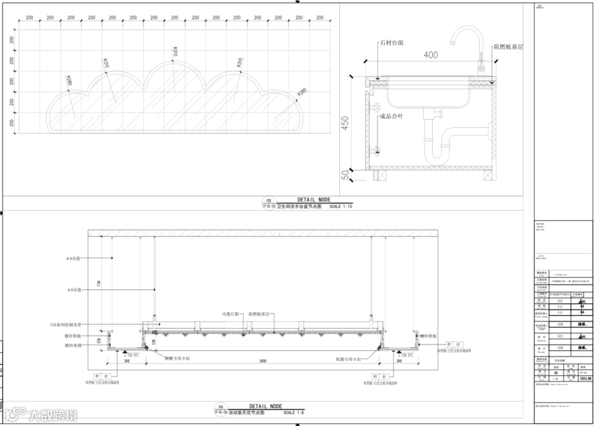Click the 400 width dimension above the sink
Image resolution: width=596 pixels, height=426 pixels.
tap(430, 55)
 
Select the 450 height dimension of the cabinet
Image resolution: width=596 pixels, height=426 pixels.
tap(345, 123)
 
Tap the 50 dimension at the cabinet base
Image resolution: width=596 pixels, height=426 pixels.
tap(345, 175)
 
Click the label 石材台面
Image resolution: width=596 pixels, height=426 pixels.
tap(391, 43)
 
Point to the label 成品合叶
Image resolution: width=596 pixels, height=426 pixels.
tap(391, 117)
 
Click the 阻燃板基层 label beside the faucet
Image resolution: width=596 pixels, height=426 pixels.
tap(507, 47)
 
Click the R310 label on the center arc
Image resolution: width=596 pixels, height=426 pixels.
tap(175, 52)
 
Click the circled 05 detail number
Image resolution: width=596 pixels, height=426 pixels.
tap(269, 201)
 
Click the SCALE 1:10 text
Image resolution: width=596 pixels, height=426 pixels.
tap(340, 207)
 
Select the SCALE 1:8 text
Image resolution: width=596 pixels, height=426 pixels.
tap(294, 413)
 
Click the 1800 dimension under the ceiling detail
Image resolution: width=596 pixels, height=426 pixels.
tap(263, 361)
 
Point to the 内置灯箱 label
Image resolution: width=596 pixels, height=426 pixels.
tap(230, 314)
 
